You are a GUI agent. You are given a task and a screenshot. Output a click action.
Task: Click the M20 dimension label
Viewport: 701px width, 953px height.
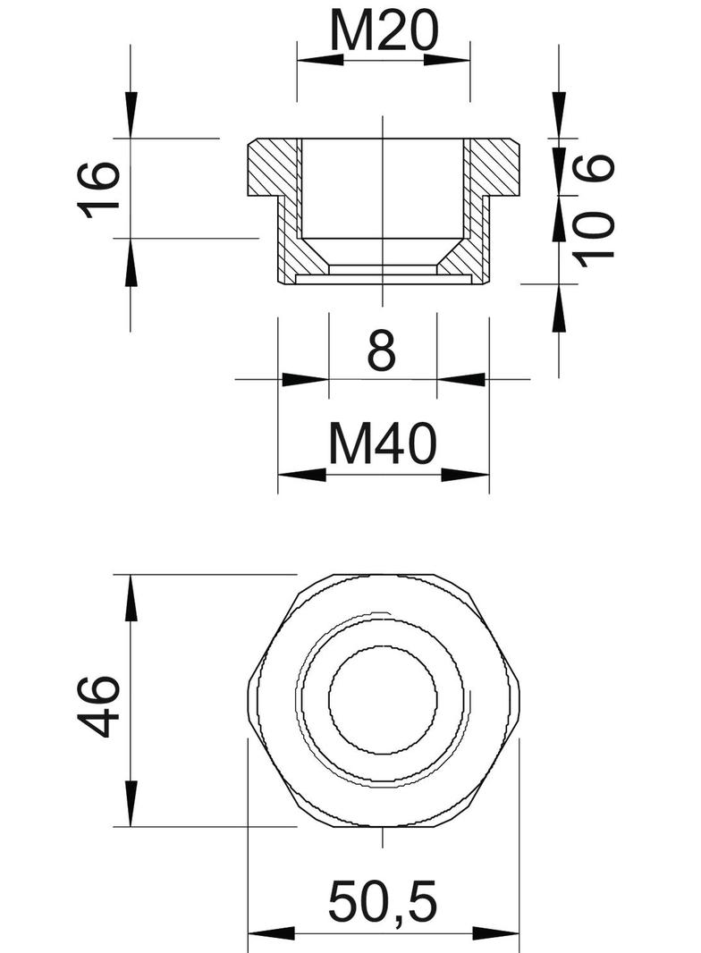[384, 32]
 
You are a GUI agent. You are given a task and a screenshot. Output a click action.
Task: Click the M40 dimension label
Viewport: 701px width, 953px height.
[383, 444]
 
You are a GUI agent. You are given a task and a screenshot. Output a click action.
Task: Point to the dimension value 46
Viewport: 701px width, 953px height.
[100, 705]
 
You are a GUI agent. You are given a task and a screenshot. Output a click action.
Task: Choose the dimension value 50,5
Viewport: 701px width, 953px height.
[383, 902]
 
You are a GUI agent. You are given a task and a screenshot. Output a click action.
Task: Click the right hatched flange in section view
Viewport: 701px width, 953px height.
[494, 167]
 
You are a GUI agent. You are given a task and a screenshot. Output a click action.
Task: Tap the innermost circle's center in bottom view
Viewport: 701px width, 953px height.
[383, 698]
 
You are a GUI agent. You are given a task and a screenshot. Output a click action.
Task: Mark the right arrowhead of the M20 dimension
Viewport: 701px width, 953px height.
[447, 60]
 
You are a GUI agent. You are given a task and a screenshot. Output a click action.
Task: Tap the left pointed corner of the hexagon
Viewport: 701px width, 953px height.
[249, 698]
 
